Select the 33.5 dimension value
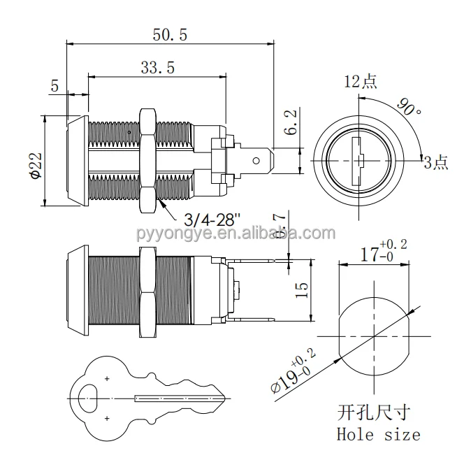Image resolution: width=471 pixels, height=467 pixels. coord(157,67)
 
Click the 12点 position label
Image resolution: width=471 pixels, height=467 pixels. coord(360,82)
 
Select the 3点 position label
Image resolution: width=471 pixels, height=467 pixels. coord(435,162)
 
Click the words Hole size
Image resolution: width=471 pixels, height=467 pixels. coord(378,434)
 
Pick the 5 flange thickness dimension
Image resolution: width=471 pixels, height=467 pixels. coord(55,86)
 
